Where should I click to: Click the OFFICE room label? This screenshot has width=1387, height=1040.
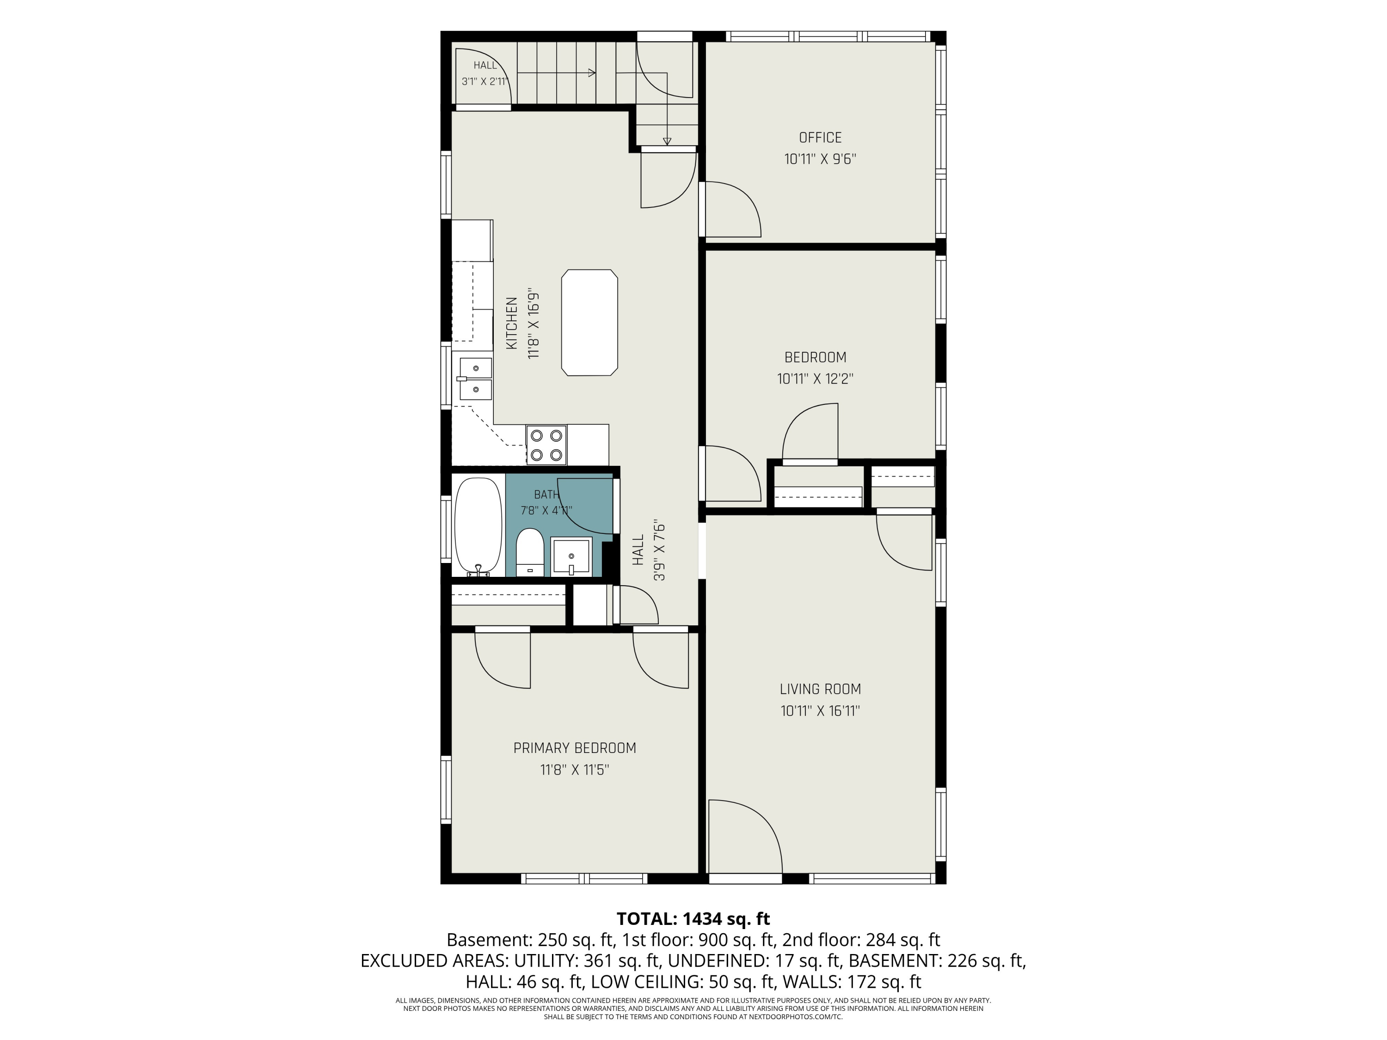[820, 137]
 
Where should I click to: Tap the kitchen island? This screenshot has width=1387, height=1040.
[589, 323]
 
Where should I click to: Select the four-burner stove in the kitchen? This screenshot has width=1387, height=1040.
[546, 445]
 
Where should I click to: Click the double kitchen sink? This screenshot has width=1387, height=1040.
[475, 379]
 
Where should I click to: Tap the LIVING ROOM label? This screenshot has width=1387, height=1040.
[820, 689]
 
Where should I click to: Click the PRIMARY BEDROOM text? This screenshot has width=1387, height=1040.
[574, 748]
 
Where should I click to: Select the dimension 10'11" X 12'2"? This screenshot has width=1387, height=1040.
[815, 379]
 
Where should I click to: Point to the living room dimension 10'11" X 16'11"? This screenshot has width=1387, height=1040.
[820, 711]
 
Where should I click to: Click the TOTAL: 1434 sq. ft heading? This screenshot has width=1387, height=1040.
[693, 919]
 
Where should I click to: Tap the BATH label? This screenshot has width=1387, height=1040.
[546, 495]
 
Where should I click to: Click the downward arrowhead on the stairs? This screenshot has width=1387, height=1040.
[667, 141]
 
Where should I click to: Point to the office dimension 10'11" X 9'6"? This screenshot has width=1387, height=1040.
[820, 159]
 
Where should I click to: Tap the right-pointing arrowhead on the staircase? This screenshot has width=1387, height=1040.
[591, 73]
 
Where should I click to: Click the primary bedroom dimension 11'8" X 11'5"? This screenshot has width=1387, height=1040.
[574, 770]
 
